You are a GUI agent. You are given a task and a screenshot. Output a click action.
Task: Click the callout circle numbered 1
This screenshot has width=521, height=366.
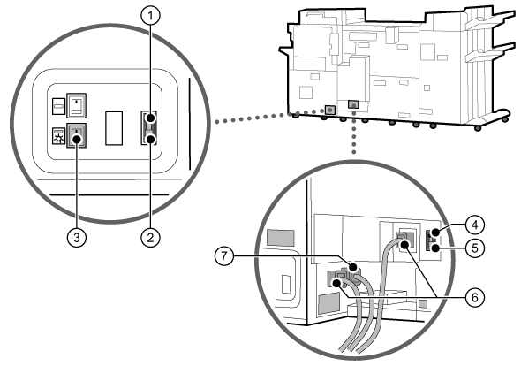[150, 16]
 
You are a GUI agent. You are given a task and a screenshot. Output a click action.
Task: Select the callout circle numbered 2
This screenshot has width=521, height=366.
[150, 238]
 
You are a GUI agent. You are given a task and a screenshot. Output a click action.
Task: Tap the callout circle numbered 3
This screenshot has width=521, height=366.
[77, 238]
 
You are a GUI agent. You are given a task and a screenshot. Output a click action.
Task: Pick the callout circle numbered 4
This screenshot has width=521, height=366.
[475, 225]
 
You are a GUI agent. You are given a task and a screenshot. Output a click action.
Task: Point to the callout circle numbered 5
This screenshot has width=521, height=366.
[475, 248]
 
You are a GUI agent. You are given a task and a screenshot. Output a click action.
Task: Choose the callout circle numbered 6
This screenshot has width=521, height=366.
[475, 297]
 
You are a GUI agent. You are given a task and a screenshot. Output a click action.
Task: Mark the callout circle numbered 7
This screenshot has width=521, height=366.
[224, 256]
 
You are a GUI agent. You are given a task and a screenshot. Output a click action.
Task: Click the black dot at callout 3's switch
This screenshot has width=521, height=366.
[77, 139]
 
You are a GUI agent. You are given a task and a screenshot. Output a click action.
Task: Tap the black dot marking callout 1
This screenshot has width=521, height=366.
[150, 118]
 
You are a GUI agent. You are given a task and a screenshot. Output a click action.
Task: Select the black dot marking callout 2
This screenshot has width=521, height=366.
[150, 139]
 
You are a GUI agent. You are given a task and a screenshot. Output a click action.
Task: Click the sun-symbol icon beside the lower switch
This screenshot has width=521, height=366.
[59, 136]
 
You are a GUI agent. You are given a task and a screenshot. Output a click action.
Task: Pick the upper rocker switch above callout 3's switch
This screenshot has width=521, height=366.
[77, 105]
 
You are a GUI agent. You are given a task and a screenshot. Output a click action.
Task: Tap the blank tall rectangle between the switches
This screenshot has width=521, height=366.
[114, 128]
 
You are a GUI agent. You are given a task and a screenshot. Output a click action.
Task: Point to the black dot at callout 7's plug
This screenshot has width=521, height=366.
[353, 267]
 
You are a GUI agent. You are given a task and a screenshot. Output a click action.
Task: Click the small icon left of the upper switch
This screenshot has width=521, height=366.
[59, 106]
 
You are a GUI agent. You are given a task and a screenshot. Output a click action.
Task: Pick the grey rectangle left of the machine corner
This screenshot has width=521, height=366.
[281, 238]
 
